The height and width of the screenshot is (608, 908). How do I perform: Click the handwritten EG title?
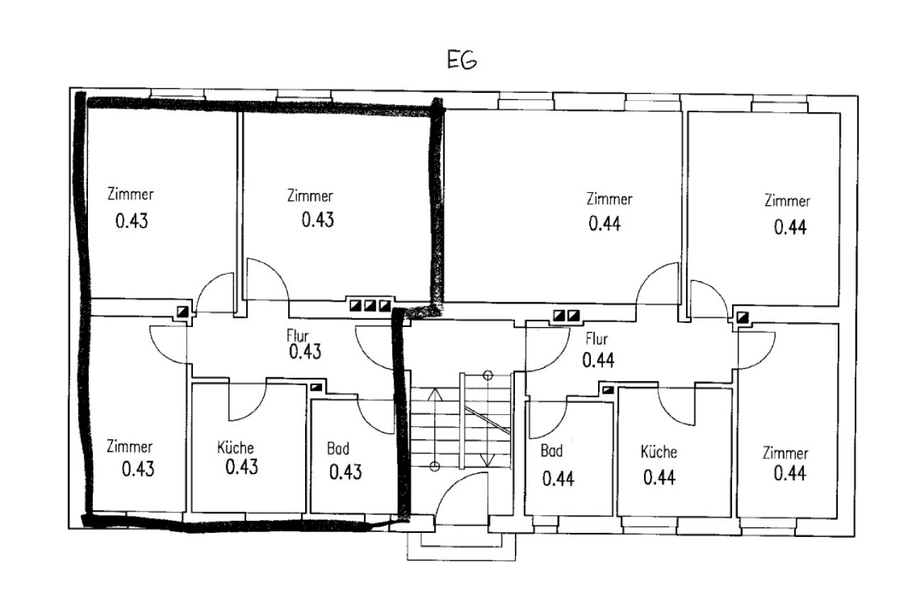click(x=462, y=60)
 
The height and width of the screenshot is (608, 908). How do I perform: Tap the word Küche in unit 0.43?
click(x=236, y=448)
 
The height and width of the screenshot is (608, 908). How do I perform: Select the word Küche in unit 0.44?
click(x=659, y=452)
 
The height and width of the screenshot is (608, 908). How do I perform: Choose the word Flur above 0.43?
click(x=297, y=336)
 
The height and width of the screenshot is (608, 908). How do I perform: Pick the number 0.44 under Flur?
click(x=598, y=360)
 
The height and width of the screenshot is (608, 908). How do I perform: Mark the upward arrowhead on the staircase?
click(x=435, y=394)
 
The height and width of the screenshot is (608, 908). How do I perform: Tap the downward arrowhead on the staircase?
click(x=487, y=460)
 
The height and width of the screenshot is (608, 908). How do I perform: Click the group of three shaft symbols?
click(x=370, y=305)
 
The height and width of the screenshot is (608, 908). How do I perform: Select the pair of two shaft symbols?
click(x=567, y=315)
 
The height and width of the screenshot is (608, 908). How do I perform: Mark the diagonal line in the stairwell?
click(x=487, y=420)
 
